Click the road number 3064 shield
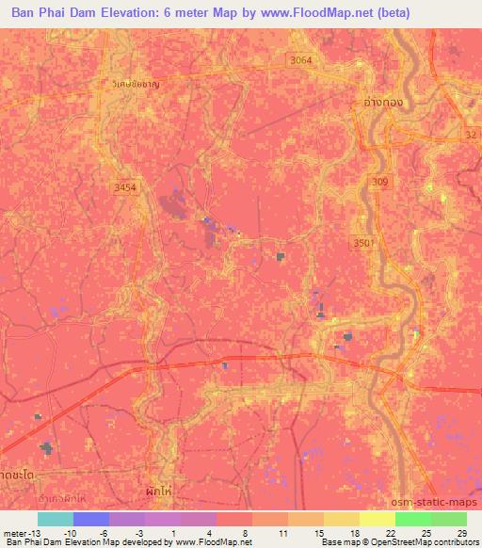pyautogui.click(x=300, y=59)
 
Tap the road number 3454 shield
pyautogui.click(x=124, y=187)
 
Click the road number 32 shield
pyautogui.click(x=471, y=135)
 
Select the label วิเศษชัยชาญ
pyautogui.click(x=132, y=83)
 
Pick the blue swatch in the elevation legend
pyautogui.click(x=90, y=519)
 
